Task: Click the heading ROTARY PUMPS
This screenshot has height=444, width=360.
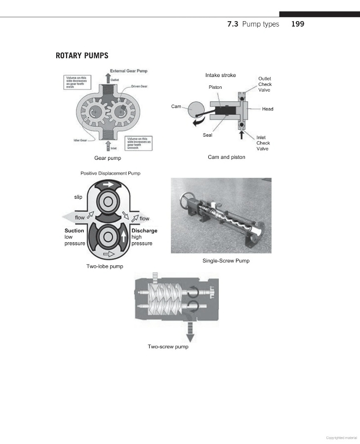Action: tap(82, 55)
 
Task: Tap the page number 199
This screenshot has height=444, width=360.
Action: tap(298, 24)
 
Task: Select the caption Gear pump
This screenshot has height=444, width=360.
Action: tap(108, 158)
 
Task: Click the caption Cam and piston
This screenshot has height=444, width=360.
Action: tap(227, 157)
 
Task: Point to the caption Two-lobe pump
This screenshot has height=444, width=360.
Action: tap(105, 266)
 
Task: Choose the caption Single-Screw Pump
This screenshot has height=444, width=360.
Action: tap(226, 260)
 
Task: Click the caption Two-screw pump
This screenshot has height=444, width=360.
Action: tap(168, 346)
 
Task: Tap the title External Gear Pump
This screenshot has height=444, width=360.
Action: tap(128, 71)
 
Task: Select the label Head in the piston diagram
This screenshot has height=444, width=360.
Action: tap(267, 109)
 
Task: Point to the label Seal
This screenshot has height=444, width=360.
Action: tap(208, 135)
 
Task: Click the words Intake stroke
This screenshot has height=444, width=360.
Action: tap(221, 75)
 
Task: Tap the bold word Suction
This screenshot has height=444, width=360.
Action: tap(74, 231)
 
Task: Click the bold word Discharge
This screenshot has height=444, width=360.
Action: tap(145, 231)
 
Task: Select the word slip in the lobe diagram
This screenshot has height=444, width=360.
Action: tap(78, 197)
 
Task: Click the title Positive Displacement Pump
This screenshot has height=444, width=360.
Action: tap(110, 173)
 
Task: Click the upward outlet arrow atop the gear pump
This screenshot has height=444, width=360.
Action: tap(108, 77)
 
